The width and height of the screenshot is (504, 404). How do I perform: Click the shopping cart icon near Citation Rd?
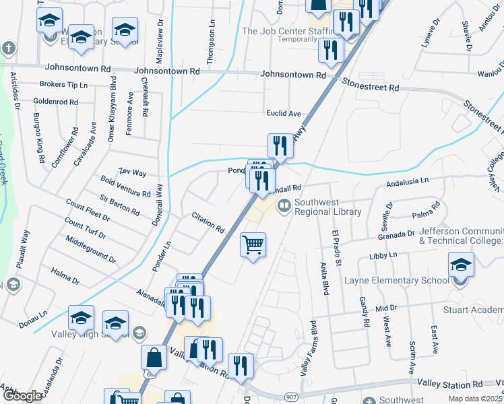(x=253, y=245)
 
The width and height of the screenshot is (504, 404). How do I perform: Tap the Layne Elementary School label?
(x=396, y=280)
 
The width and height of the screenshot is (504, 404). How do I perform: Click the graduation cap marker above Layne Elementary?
(x=461, y=265)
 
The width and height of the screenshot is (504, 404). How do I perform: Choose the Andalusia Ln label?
(x=407, y=182)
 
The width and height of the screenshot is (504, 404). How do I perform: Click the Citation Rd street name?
(x=208, y=223)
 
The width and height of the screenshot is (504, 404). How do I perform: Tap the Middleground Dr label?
(x=91, y=249)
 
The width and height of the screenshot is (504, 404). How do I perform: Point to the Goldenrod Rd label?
(x=55, y=102)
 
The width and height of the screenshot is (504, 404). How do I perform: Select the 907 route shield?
(x=290, y=398)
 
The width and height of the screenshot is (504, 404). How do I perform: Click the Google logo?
(x=22, y=396)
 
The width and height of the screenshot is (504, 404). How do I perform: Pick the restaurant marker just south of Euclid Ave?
(x=280, y=146)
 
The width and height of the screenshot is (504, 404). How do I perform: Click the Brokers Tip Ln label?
(x=64, y=86)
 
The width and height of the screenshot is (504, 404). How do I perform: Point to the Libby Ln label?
(x=383, y=257)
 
